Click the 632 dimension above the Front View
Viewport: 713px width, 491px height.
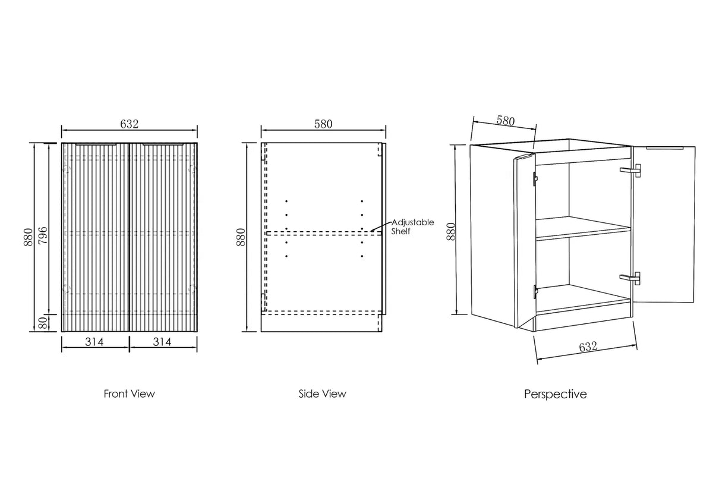[130, 124]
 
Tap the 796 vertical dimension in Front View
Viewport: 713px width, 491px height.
[43, 235]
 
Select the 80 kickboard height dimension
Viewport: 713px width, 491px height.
[43, 323]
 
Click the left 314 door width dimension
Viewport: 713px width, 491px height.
[94, 342]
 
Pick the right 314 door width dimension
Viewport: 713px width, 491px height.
[162, 342]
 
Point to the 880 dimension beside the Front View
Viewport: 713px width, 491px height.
[28, 237]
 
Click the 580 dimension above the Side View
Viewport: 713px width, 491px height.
[323, 124]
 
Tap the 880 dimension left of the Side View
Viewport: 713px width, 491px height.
[241, 237]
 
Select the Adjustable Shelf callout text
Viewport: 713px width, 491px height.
[412, 226]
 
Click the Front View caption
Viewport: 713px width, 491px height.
[130, 394]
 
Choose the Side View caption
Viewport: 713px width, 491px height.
[322, 394]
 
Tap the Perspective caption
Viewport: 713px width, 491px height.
[556, 394]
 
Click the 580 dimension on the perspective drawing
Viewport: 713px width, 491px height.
[506, 121]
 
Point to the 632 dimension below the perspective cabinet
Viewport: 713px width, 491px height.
[588, 347]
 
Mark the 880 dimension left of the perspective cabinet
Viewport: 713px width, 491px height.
[452, 231]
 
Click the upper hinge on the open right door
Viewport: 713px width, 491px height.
[630, 171]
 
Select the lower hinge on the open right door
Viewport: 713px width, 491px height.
[630, 279]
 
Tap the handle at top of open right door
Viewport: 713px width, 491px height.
[665, 148]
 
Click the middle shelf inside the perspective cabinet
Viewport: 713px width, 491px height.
[583, 228]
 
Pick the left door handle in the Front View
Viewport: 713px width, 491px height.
[96, 144]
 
